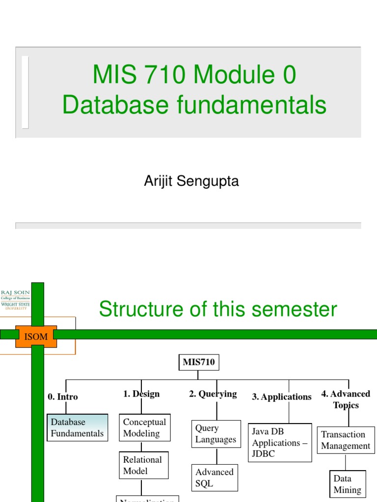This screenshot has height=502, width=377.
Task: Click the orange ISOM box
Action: [x=36, y=336]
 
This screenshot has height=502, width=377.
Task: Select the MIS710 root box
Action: [x=199, y=363]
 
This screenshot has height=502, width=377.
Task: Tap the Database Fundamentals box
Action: [x=78, y=427]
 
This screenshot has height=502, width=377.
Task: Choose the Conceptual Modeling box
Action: [x=144, y=427]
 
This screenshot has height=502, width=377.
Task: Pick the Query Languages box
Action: [x=215, y=434]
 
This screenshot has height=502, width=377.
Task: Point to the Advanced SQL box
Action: [x=215, y=478]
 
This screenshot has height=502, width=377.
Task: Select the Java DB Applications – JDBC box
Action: [x=280, y=443]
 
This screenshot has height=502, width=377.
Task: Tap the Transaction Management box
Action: [x=346, y=440]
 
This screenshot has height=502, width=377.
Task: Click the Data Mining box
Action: [x=347, y=484]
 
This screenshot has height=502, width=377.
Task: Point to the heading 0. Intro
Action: [x=63, y=397]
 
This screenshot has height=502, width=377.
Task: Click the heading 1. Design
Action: [x=141, y=394]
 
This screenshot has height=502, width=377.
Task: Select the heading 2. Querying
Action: [x=213, y=394]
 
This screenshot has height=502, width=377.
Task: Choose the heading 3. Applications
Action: [x=282, y=397]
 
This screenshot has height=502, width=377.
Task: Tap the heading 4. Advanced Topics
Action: [x=346, y=400]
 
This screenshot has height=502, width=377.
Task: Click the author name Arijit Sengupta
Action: [x=191, y=181]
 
